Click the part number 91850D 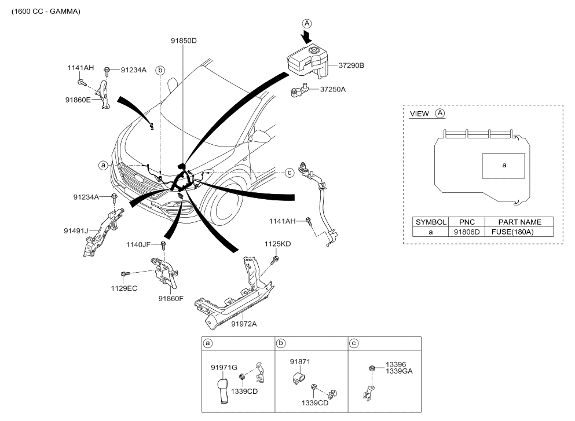click(x=184, y=41)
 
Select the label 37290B click(x=351, y=65)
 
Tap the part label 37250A click(x=332, y=90)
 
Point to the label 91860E click(x=78, y=100)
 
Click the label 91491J click(x=76, y=231)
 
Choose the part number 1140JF click(x=138, y=244)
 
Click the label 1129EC click(x=124, y=288)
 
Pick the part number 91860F click(x=171, y=299)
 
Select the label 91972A click(x=244, y=324)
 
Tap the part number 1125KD click(x=277, y=244)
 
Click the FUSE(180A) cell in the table click(x=512, y=232)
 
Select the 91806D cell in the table click(x=467, y=232)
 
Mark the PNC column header click(x=467, y=222)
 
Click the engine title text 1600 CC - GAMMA click(x=46, y=12)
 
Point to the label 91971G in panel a click(x=224, y=368)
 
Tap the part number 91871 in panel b click(x=300, y=362)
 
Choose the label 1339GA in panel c click(x=399, y=371)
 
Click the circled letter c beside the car click(x=290, y=173)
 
